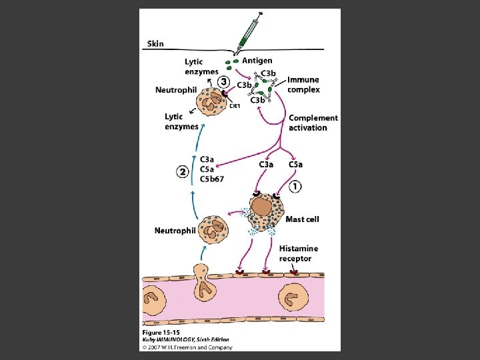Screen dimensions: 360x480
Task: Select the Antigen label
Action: click(257, 61)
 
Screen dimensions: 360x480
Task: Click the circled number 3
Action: click(225, 81)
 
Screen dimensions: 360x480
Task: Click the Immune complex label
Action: click(303, 85)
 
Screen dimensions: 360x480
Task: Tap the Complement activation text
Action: click(313, 123)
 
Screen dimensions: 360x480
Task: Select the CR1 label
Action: click(235, 106)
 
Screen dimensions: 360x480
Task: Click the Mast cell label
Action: click(303, 219)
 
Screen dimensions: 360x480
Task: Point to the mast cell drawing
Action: click(265, 211)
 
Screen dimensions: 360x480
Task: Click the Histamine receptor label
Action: click(299, 253)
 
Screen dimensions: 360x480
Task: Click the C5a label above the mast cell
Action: click(296, 165)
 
